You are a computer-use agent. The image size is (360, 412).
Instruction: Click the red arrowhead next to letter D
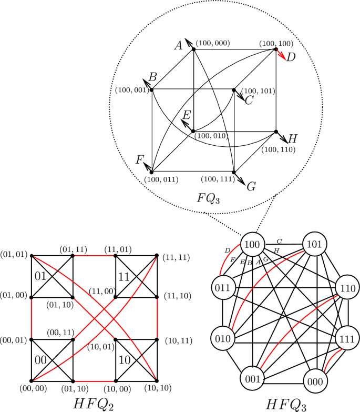click(282, 57)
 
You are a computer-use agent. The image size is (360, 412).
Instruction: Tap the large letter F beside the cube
click(139, 160)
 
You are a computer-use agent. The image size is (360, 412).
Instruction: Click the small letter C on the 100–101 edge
click(280, 241)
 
